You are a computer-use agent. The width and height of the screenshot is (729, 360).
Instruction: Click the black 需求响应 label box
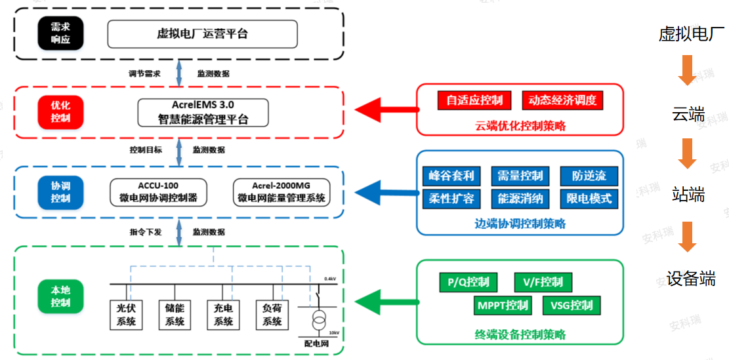(60, 33)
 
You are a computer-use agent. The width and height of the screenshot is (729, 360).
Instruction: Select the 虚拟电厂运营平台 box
(202, 33)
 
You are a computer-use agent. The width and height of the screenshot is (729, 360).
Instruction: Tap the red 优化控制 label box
(60, 112)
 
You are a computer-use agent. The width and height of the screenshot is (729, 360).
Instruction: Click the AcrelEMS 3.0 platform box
(203, 112)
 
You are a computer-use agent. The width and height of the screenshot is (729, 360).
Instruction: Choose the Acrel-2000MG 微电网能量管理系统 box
(281, 192)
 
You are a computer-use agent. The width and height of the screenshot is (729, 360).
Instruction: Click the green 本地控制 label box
(60, 297)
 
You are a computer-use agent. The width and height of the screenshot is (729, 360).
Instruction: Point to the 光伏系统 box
(125, 315)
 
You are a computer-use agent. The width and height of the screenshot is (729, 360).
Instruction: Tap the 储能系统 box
(175, 315)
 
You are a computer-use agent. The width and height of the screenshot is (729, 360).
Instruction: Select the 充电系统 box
(223, 315)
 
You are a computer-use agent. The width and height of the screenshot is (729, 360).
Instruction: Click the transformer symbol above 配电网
(318, 321)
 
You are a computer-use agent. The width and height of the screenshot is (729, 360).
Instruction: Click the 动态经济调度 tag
(562, 100)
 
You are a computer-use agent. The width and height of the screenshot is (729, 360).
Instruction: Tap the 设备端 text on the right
(690, 279)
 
